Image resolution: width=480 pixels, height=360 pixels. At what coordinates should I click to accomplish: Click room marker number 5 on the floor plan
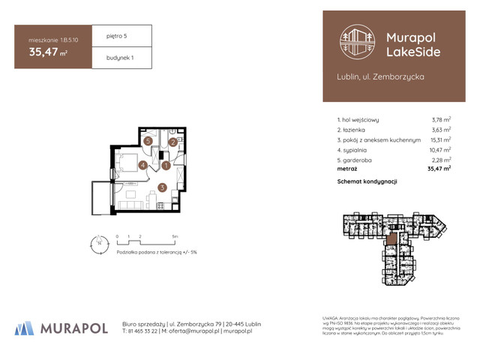point(148,141)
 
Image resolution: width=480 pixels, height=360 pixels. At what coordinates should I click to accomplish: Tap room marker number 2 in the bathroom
point(172,142)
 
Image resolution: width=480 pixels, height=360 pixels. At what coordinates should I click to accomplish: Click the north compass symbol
point(97,241)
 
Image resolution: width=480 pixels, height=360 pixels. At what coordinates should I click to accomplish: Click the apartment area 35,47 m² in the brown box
point(45,52)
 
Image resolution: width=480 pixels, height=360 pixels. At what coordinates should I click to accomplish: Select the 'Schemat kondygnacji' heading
point(367,181)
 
